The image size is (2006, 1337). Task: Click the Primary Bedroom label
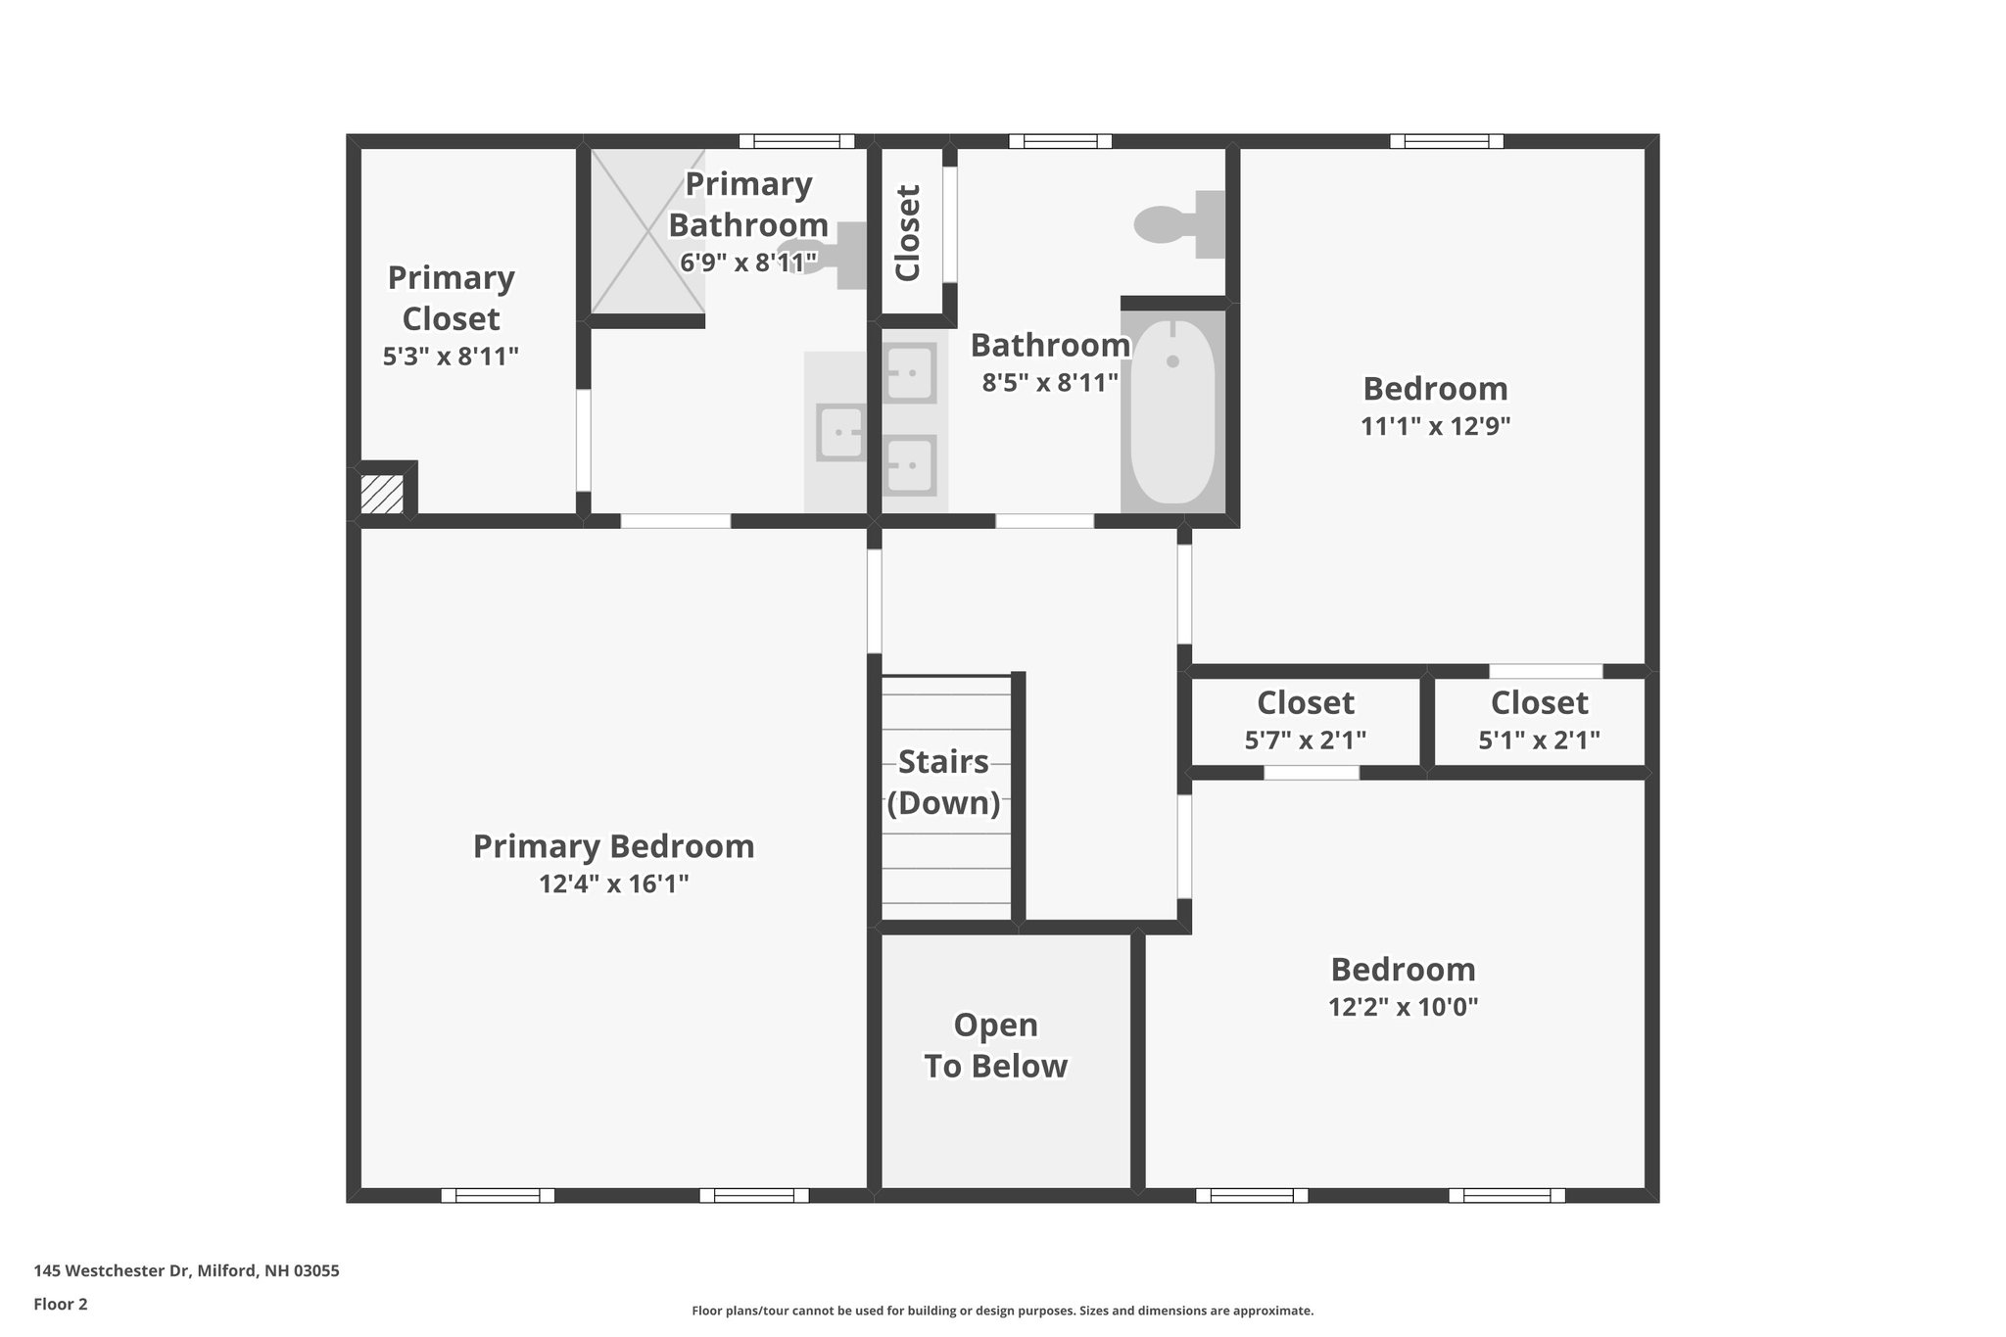pos(613,846)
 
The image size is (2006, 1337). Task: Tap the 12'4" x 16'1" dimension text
pos(613,884)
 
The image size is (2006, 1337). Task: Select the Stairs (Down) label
pos(943,782)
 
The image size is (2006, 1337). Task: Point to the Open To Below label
pos(995,1045)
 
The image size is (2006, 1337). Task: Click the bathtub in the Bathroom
pos(1172,411)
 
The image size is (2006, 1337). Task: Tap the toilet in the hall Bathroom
pos(1179,224)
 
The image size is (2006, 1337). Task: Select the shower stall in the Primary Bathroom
pos(646,231)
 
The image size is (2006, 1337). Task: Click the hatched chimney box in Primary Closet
pos(382,494)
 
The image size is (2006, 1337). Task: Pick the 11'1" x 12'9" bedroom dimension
pos(1435,427)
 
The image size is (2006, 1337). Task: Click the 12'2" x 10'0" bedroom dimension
pos(1403,1008)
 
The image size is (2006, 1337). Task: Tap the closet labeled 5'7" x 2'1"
pos(1305,721)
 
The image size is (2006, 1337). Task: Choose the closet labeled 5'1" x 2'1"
pos(1539,721)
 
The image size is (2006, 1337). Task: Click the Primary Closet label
pos(451,298)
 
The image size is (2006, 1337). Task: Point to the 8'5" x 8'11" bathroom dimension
pos(1050,383)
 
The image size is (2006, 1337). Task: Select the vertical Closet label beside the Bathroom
pos(909,233)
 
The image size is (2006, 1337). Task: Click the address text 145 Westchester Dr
pos(186,1271)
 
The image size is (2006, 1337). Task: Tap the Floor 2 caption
pos(61,1305)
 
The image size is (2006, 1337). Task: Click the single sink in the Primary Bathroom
pos(840,434)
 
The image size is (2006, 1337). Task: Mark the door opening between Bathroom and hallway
pos(1044,521)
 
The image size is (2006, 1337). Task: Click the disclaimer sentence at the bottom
pos(1002,1311)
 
